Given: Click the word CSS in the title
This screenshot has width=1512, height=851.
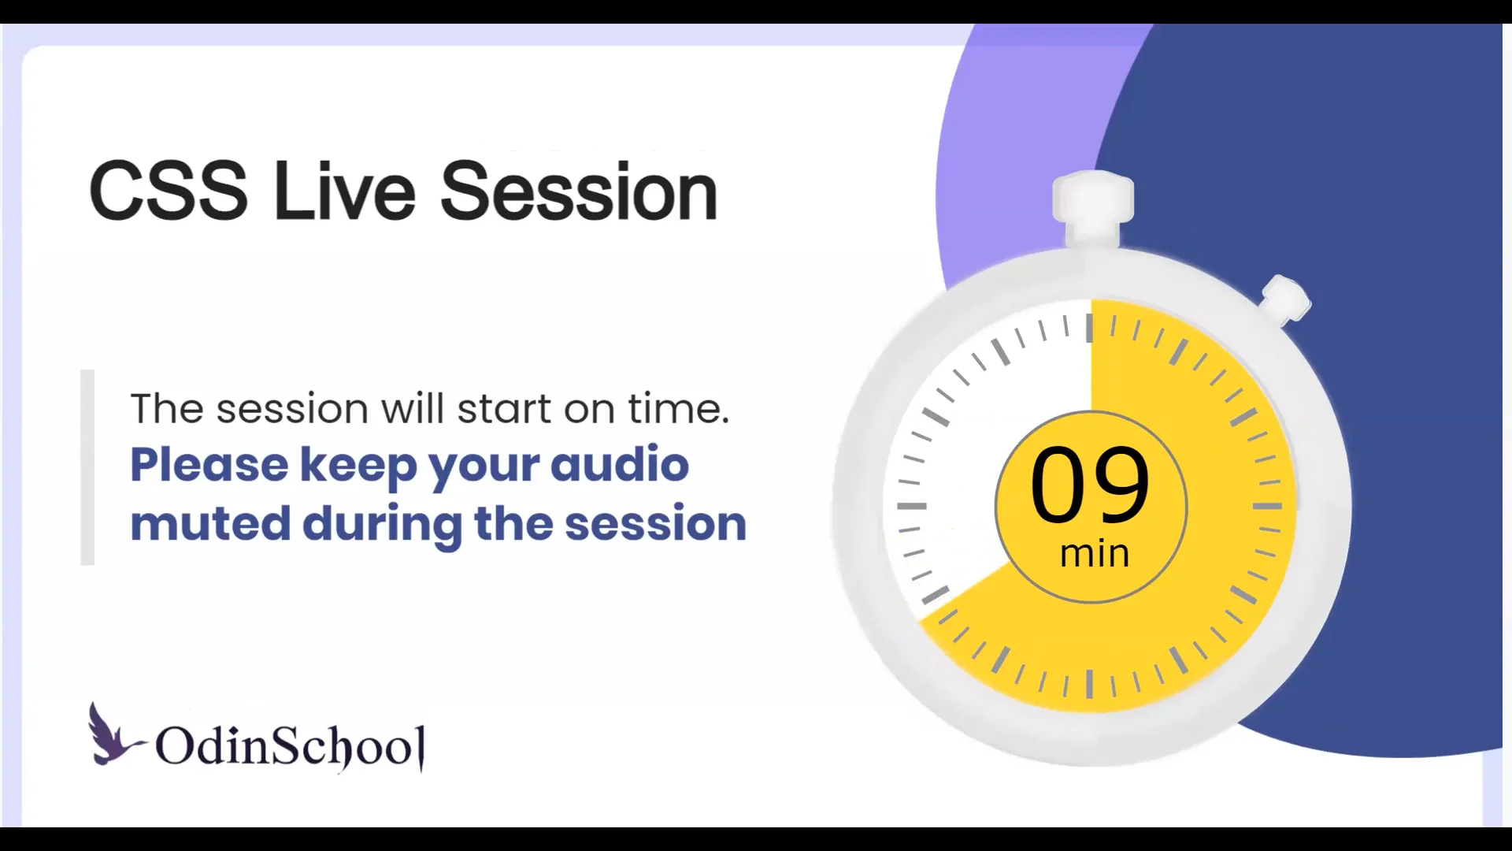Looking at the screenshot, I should [168, 191].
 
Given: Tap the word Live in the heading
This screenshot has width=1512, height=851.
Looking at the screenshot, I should [344, 191].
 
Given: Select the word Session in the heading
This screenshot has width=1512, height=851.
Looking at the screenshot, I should [579, 191].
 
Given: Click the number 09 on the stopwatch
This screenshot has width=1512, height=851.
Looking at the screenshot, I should [1090, 485].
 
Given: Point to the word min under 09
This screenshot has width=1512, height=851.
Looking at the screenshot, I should [1094, 553].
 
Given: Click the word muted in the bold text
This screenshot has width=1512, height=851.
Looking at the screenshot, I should [210, 524].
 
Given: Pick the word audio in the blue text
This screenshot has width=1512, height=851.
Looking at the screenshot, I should [619, 465].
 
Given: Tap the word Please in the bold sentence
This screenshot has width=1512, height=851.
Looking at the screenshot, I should [209, 465].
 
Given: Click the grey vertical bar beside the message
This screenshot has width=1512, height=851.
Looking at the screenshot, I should [87, 466].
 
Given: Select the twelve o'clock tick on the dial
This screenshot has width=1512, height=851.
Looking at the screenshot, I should [1089, 328].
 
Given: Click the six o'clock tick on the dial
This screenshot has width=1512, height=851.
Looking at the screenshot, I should [1089, 683].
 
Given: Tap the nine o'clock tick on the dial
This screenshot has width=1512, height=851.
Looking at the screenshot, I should [912, 506].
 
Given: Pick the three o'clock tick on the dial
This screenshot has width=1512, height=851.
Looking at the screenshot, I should [1267, 506].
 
